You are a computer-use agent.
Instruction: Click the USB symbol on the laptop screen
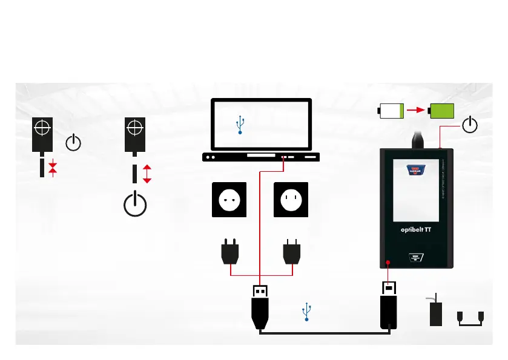[x=240, y=125]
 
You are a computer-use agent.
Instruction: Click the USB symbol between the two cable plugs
[x=307, y=313]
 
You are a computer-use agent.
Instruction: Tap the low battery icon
[x=391, y=111]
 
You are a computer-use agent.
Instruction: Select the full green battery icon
[x=441, y=111]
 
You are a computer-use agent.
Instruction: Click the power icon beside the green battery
[x=470, y=125]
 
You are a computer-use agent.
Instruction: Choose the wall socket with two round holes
[x=229, y=199]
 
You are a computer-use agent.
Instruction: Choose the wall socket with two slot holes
[x=292, y=199]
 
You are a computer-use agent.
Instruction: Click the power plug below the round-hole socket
[x=231, y=252]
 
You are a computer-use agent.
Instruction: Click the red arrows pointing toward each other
[x=53, y=168]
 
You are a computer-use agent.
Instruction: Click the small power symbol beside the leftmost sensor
[x=72, y=143]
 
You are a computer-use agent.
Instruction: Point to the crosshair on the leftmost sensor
[x=42, y=128]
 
